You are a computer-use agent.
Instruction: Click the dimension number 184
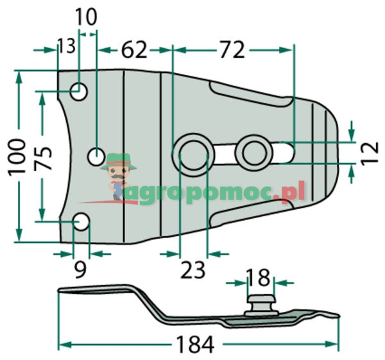pyautogui.click(x=194, y=345)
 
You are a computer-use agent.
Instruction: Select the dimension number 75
pyautogui.click(x=43, y=157)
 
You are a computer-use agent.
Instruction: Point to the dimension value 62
pyautogui.click(x=132, y=49)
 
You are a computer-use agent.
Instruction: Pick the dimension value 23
pyautogui.click(x=193, y=270)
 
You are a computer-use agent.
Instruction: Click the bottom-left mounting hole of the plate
pyautogui.click(x=81, y=223)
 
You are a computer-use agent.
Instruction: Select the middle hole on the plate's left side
pyautogui.click(x=96, y=156)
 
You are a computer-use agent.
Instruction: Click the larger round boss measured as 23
pyautogui.click(x=193, y=153)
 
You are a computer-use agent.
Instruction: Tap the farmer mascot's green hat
pyautogui.click(x=119, y=160)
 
